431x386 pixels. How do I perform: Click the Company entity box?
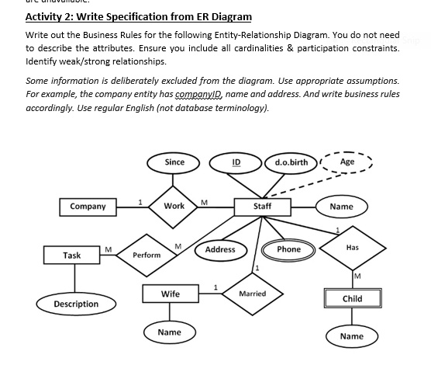pos(88,207)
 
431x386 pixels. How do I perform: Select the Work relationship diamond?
pos(174,206)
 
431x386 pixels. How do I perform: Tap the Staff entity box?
pos(262,207)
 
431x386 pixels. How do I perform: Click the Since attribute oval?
pos(174,162)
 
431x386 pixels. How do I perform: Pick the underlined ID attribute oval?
pos(236,162)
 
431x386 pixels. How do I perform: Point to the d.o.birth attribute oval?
pos(291,162)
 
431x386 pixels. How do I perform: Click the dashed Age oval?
pos(347,162)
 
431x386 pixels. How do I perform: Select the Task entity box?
pos(72,255)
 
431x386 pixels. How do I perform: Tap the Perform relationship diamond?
pos(147,255)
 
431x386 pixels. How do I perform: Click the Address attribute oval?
pos(220,249)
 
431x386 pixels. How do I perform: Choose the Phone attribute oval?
pos(288,249)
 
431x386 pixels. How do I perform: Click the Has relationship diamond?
pos(353,247)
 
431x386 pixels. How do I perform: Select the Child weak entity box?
pos(352,299)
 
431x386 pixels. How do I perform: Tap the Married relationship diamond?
pos(253,294)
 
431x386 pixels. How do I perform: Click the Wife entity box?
pos(170,294)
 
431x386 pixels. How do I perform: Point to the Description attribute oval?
pos(76,304)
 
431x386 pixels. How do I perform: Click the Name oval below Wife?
pos(169,332)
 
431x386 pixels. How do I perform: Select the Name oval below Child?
pos(351,336)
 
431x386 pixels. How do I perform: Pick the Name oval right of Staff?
pos(341,207)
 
